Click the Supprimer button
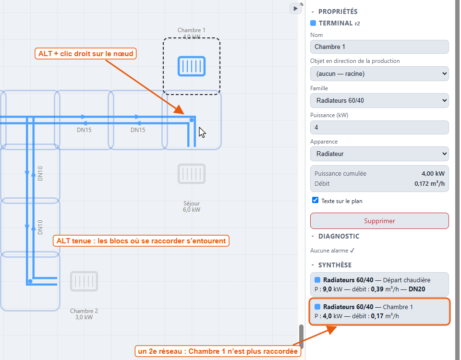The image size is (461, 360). pyautogui.click(x=379, y=221)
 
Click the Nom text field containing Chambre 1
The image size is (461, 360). pyautogui.click(x=379, y=47)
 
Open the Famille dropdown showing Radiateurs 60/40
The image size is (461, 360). pyautogui.click(x=379, y=100)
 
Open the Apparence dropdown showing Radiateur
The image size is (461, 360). pyautogui.click(x=379, y=154)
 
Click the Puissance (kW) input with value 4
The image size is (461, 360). pyautogui.click(x=379, y=127)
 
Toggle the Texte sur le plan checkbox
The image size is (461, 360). pyautogui.click(x=315, y=200)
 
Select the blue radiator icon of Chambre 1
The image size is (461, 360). pyautogui.click(x=192, y=66)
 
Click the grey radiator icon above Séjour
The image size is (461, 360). pyautogui.click(x=192, y=174)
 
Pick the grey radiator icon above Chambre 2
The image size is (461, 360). pyautogui.click(x=84, y=281)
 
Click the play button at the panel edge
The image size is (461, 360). pyautogui.click(x=295, y=9)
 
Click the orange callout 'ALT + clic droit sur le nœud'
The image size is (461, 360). pyautogui.click(x=85, y=53)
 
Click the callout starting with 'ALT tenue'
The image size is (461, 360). pyautogui.click(x=141, y=240)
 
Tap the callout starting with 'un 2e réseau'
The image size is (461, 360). pyautogui.click(x=218, y=351)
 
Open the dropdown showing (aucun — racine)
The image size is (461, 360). pyautogui.click(x=379, y=73)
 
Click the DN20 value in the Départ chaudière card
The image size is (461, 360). pyautogui.click(x=417, y=289)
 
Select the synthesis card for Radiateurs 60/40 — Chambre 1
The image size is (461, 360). pyautogui.click(x=379, y=312)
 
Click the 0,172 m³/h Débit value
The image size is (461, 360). pyautogui.click(x=429, y=184)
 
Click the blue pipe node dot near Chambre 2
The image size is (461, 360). pyautogui.click(x=30, y=281)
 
